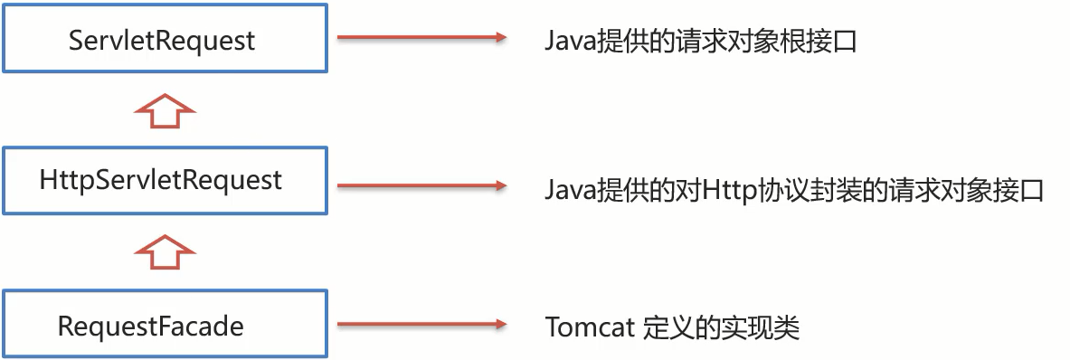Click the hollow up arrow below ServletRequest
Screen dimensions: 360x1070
(x=165, y=109)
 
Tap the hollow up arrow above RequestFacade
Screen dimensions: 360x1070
(x=165, y=251)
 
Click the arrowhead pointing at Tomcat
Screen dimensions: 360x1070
(x=497, y=323)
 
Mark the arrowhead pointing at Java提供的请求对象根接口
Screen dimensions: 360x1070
(x=497, y=38)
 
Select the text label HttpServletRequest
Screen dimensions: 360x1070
(x=161, y=180)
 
